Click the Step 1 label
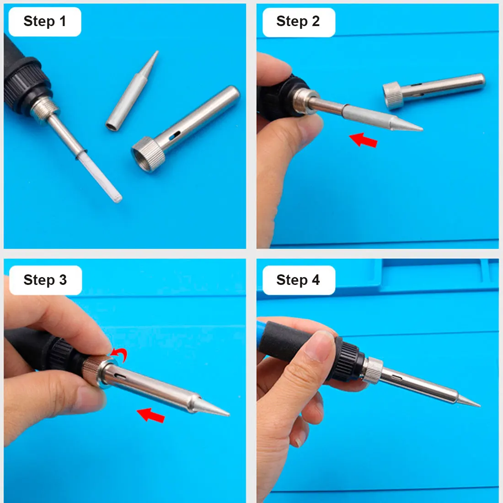point(44,21)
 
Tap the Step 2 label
point(298,21)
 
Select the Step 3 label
point(45,280)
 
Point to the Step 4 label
point(298,280)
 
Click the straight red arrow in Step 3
point(151,415)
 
